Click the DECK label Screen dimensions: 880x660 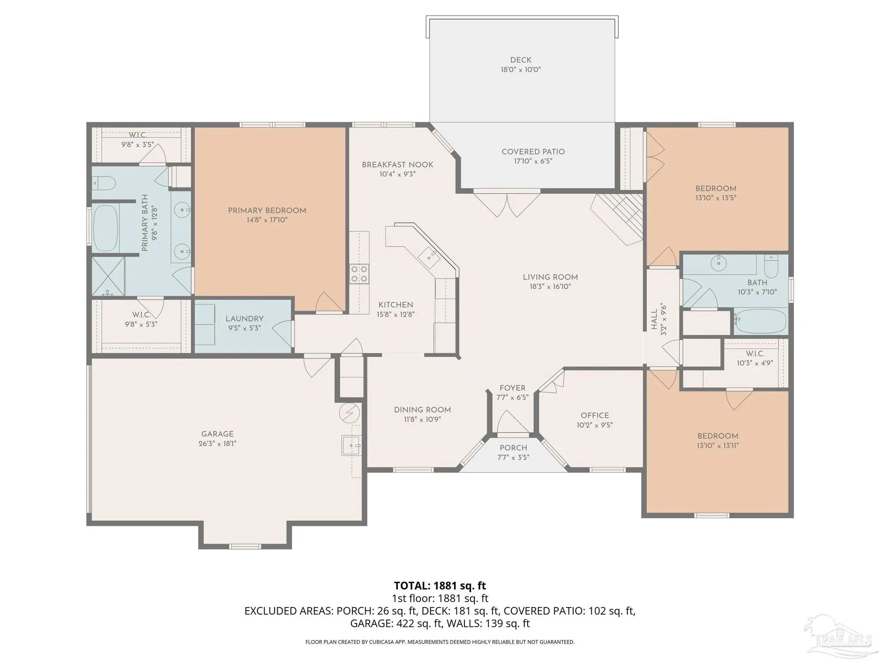521,60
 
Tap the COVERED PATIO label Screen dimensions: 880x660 533,152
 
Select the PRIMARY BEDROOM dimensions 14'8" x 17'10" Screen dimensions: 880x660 267,220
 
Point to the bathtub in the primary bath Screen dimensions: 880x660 105,228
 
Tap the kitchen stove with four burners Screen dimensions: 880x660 359,274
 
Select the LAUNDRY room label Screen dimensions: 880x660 244,319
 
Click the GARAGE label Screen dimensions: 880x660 217,434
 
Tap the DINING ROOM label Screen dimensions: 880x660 422,410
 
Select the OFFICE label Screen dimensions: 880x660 595,416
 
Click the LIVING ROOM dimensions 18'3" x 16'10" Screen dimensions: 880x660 550,287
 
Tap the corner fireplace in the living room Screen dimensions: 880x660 617,219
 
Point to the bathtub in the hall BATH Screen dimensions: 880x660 760,321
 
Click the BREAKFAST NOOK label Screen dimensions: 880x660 397,165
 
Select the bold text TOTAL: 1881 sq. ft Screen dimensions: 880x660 440,586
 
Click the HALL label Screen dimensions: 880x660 654,320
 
